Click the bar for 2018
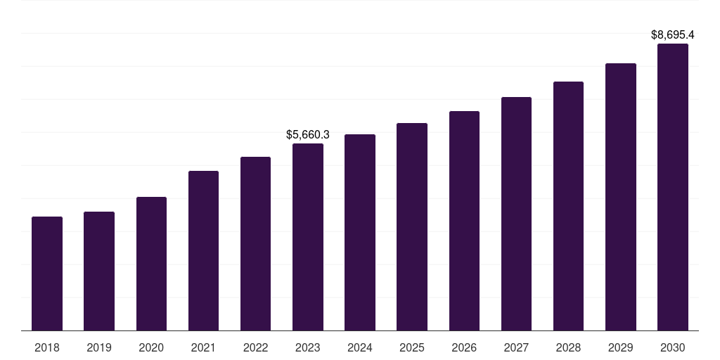click(47, 274)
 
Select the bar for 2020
click(151, 264)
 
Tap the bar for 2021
click(203, 250)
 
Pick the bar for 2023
click(308, 237)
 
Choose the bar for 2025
click(412, 226)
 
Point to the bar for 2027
click(516, 214)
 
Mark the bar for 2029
click(621, 197)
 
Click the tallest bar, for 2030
click(673, 187)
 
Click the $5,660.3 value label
click(308, 134)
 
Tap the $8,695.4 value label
click(673, 34)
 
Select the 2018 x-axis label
click(47, 347)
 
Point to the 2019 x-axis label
click(99, 347)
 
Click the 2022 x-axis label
click(255, 347)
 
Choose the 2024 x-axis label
click(360, 347)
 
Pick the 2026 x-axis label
click(464, 347)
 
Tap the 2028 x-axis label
click(568, 347)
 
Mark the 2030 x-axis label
click(673, 347)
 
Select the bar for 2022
click(255, 243)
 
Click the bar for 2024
click(360, 232)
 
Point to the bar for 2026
click(464, 221)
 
